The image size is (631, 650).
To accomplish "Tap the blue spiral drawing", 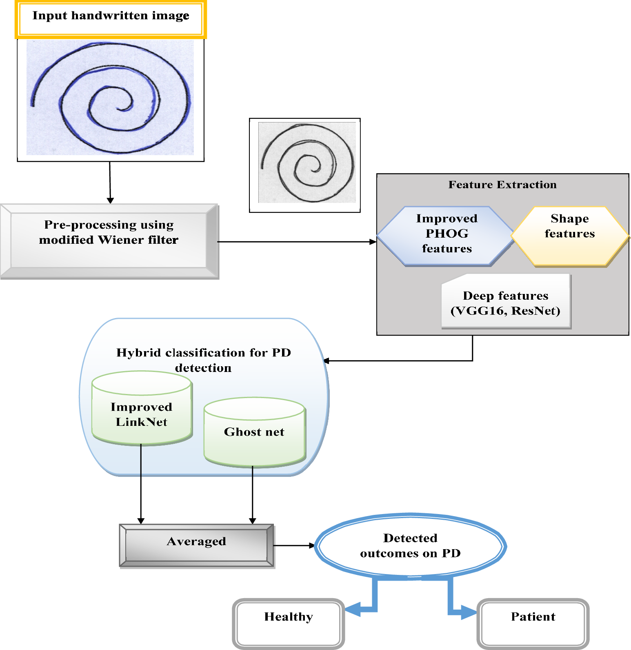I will pos(110,98).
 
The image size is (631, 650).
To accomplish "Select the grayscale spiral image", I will pos(307,162).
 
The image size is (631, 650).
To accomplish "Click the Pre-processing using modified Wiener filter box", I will pos(109,241).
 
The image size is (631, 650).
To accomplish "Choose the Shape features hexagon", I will pos(570,236).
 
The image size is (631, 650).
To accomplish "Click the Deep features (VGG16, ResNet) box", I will pos(505,303).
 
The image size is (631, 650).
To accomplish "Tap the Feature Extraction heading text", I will pos(502,185).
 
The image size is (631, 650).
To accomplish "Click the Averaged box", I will pos(196,545).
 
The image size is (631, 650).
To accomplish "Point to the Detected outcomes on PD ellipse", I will pos(410,545).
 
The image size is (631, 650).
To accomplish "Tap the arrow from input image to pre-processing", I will pos(110,182).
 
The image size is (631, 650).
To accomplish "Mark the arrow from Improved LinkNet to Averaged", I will pos(141,484).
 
